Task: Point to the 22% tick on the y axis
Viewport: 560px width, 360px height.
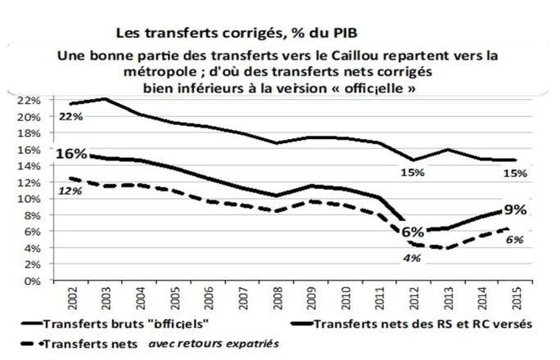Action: tap(29, 101)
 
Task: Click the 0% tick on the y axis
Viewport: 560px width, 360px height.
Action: tap(33, 281)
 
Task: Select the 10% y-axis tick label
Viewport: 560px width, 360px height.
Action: tap(29, 199)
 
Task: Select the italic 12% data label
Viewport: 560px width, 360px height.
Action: tap(68, 191)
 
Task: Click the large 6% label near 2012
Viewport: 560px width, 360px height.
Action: tap(412, 232)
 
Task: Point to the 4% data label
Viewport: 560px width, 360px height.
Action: tap(412, 259)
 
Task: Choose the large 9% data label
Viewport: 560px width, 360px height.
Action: tap(516, 210)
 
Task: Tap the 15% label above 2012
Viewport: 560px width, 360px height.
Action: tap(412, 173)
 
